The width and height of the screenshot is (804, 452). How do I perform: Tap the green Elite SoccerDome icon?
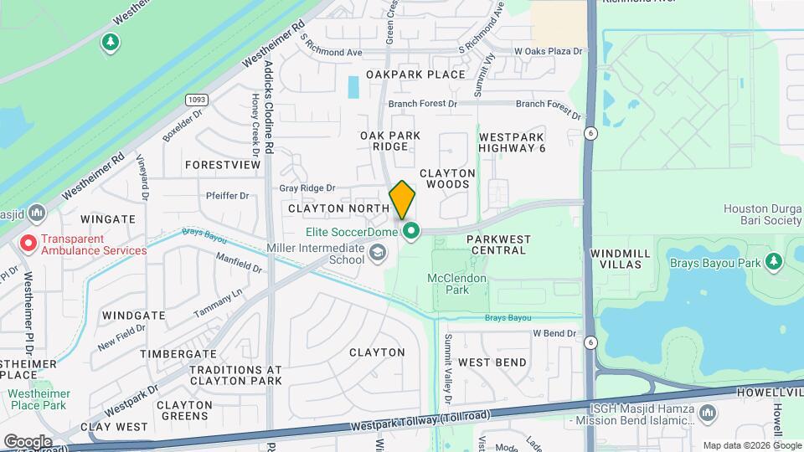coord(410,231)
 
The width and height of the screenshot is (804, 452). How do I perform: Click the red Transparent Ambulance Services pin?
coord(28,244)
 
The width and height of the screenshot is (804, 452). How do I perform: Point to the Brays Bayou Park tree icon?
coord(774,263)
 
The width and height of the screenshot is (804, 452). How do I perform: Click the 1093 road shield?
coord(196,100)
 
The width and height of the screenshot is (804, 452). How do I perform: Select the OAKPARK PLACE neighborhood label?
coord(415,74)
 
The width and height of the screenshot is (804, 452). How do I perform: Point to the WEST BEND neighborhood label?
coord(492,362)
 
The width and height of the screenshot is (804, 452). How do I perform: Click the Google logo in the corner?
coord(28,441)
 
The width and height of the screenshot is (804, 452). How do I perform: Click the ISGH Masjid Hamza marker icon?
coord(708,413)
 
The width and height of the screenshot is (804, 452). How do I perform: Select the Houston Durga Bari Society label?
coord(763,214)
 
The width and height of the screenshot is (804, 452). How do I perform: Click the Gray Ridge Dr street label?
coord(307,188)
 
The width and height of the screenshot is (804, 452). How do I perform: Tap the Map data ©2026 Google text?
coord(751,445)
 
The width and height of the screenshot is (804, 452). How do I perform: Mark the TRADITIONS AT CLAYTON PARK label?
coord(235,375)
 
